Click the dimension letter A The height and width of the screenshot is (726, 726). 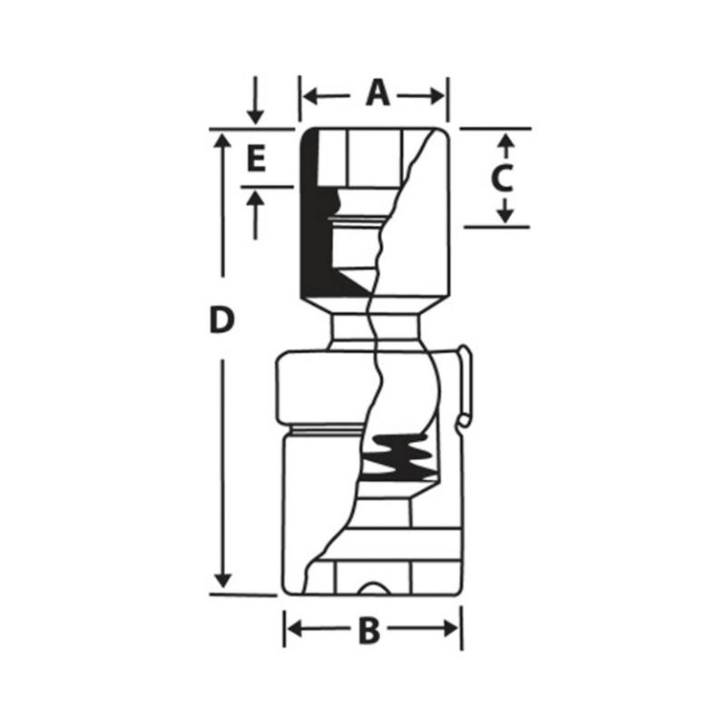tap(377, 93)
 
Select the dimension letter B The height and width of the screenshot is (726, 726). tap(368, 630)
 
